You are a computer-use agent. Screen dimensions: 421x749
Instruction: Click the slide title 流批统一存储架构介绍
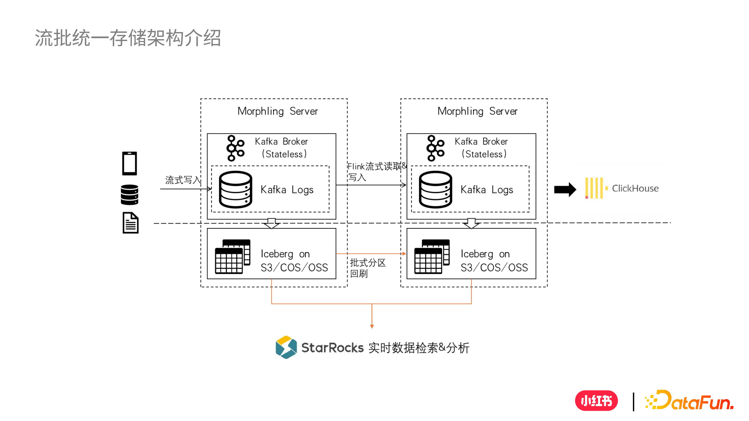pos(128,38)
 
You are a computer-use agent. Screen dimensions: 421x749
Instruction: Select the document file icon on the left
pos(131,223)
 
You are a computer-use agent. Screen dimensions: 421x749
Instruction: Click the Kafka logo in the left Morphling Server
pos(235,148)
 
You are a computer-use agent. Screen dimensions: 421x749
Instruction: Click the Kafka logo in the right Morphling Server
pos(435,148)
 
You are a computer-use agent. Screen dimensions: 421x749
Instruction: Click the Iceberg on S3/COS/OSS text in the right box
pos(494,261)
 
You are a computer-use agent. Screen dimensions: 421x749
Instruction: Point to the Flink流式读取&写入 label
pos(377,171)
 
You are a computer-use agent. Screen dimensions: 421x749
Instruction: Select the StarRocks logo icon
pos(286,347)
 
